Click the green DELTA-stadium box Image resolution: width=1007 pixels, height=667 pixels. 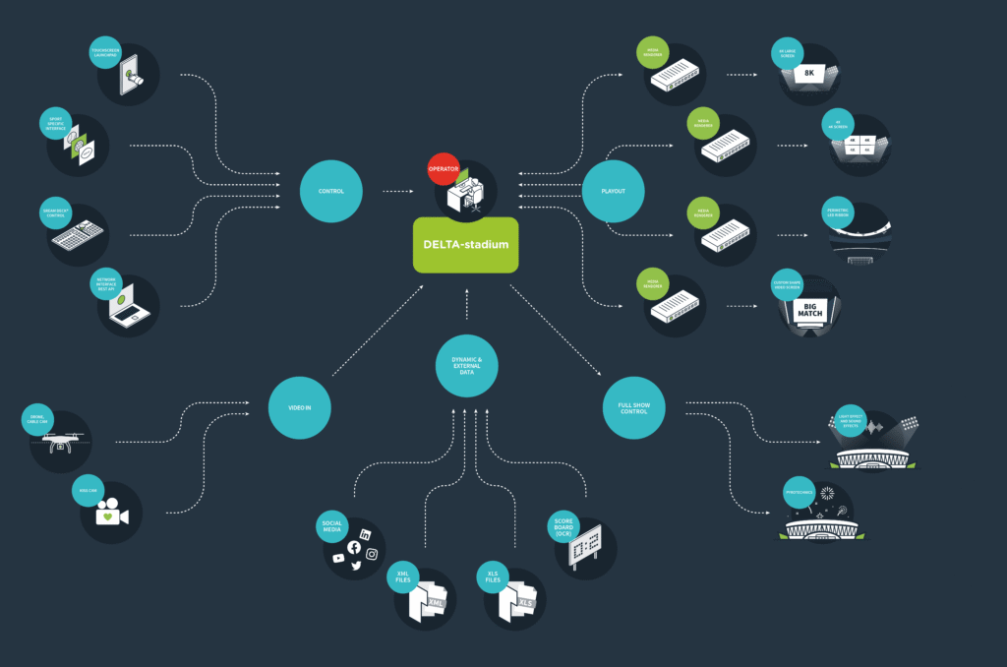point(465,244)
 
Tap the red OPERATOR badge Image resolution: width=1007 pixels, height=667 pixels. point(444,168)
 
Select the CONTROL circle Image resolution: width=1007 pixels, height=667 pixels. point(331,191)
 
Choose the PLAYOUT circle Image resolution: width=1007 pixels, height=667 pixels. point(614,191)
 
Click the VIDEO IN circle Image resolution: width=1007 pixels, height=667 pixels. point(300,407)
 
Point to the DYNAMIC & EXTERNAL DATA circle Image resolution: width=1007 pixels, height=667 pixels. point(466,367)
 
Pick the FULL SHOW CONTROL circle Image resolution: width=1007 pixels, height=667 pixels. point(633,407)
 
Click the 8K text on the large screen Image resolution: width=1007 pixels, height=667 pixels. point(809,74)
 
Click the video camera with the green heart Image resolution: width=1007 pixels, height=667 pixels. point(109,514)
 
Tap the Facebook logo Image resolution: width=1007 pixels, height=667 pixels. point(354,547)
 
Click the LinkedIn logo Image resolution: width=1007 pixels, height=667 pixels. point(366,533)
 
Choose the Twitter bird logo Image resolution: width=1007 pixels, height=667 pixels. point(356,566)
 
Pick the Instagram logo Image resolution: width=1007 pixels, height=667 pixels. point(372,554)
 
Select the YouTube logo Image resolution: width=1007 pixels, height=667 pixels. point(338,558)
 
